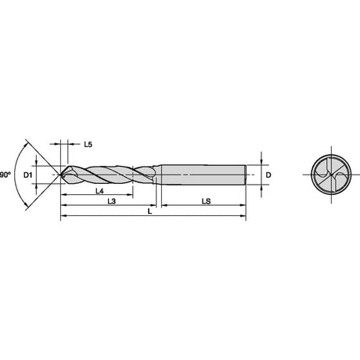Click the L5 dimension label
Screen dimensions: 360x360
[88, 144]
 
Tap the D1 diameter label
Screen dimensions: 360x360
[27, 175]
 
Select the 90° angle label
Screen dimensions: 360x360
[5, 175]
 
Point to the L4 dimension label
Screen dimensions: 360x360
[99, 191]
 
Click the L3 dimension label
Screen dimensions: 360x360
[112, 201]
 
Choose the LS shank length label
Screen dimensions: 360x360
[206, 201]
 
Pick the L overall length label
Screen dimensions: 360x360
[149, 211]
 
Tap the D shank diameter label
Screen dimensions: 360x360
[268, 175]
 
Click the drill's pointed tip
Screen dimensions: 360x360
[61, 175]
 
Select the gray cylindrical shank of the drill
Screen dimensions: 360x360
[203, 175]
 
